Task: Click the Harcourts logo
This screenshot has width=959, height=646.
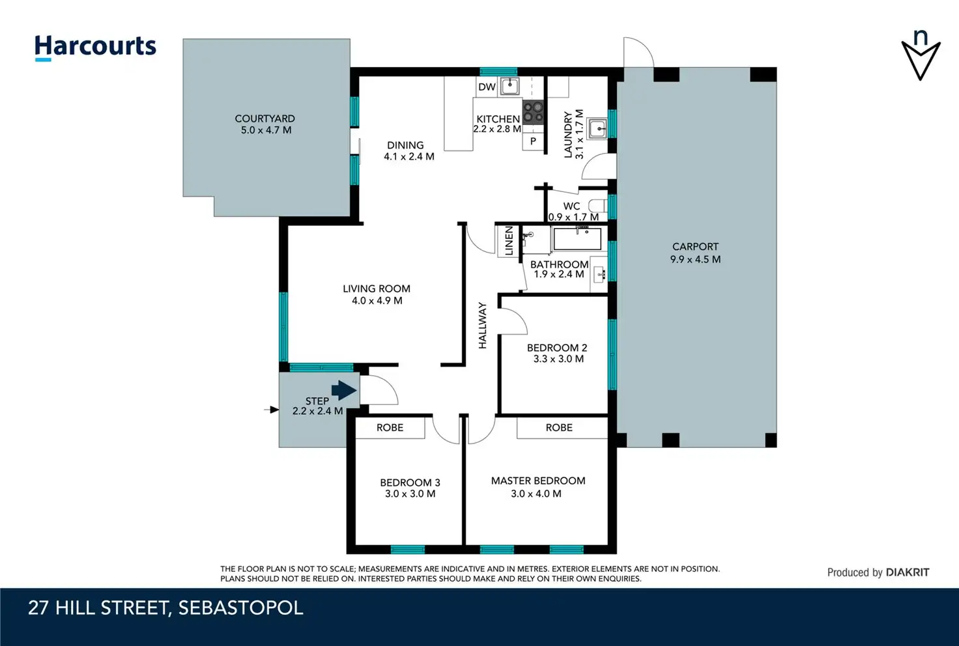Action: click(96, 48)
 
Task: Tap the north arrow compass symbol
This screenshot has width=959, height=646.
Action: click(921, 55)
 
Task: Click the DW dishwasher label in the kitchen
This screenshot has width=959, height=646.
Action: click(487, 87)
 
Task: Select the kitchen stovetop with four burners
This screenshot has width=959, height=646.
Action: click(533, 111)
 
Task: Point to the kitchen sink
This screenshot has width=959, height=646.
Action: click(510, 87)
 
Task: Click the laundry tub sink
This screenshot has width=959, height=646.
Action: click(596, 128)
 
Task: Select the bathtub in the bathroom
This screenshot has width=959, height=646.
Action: click(577, 239)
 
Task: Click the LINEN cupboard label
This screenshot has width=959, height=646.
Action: click(509, 241)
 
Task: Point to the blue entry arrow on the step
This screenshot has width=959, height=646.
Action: click(344, 390)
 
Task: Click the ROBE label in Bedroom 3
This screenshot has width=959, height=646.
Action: click(390, 427)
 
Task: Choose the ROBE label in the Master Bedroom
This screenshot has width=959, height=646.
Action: click(559, 427)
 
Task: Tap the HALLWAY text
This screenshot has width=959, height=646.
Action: click(483, 326)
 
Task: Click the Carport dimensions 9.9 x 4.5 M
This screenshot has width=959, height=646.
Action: click(695, 259)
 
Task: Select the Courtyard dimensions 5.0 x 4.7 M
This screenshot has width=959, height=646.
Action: click(266, 130)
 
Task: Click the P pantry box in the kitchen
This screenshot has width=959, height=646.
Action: click(533, 141)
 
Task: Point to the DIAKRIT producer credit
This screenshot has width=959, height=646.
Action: click(907, 572)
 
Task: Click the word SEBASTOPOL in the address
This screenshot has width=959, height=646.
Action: click(240, 608)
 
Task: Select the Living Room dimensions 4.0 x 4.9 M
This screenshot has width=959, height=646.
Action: click(377, 301)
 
